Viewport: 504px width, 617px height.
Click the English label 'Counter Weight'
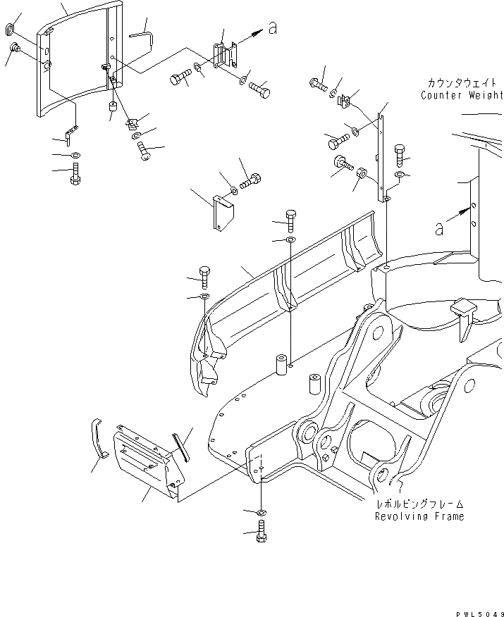coord(462,95)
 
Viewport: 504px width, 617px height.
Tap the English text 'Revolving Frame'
coord(419,516)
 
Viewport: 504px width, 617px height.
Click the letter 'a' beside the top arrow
coord(273,29)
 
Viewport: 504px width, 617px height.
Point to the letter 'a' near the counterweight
coord(440,228)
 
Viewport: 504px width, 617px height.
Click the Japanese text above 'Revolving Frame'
coord(419,504)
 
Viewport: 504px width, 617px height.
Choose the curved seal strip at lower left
coord(97,439)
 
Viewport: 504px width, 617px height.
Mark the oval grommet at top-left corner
coord(10,29)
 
